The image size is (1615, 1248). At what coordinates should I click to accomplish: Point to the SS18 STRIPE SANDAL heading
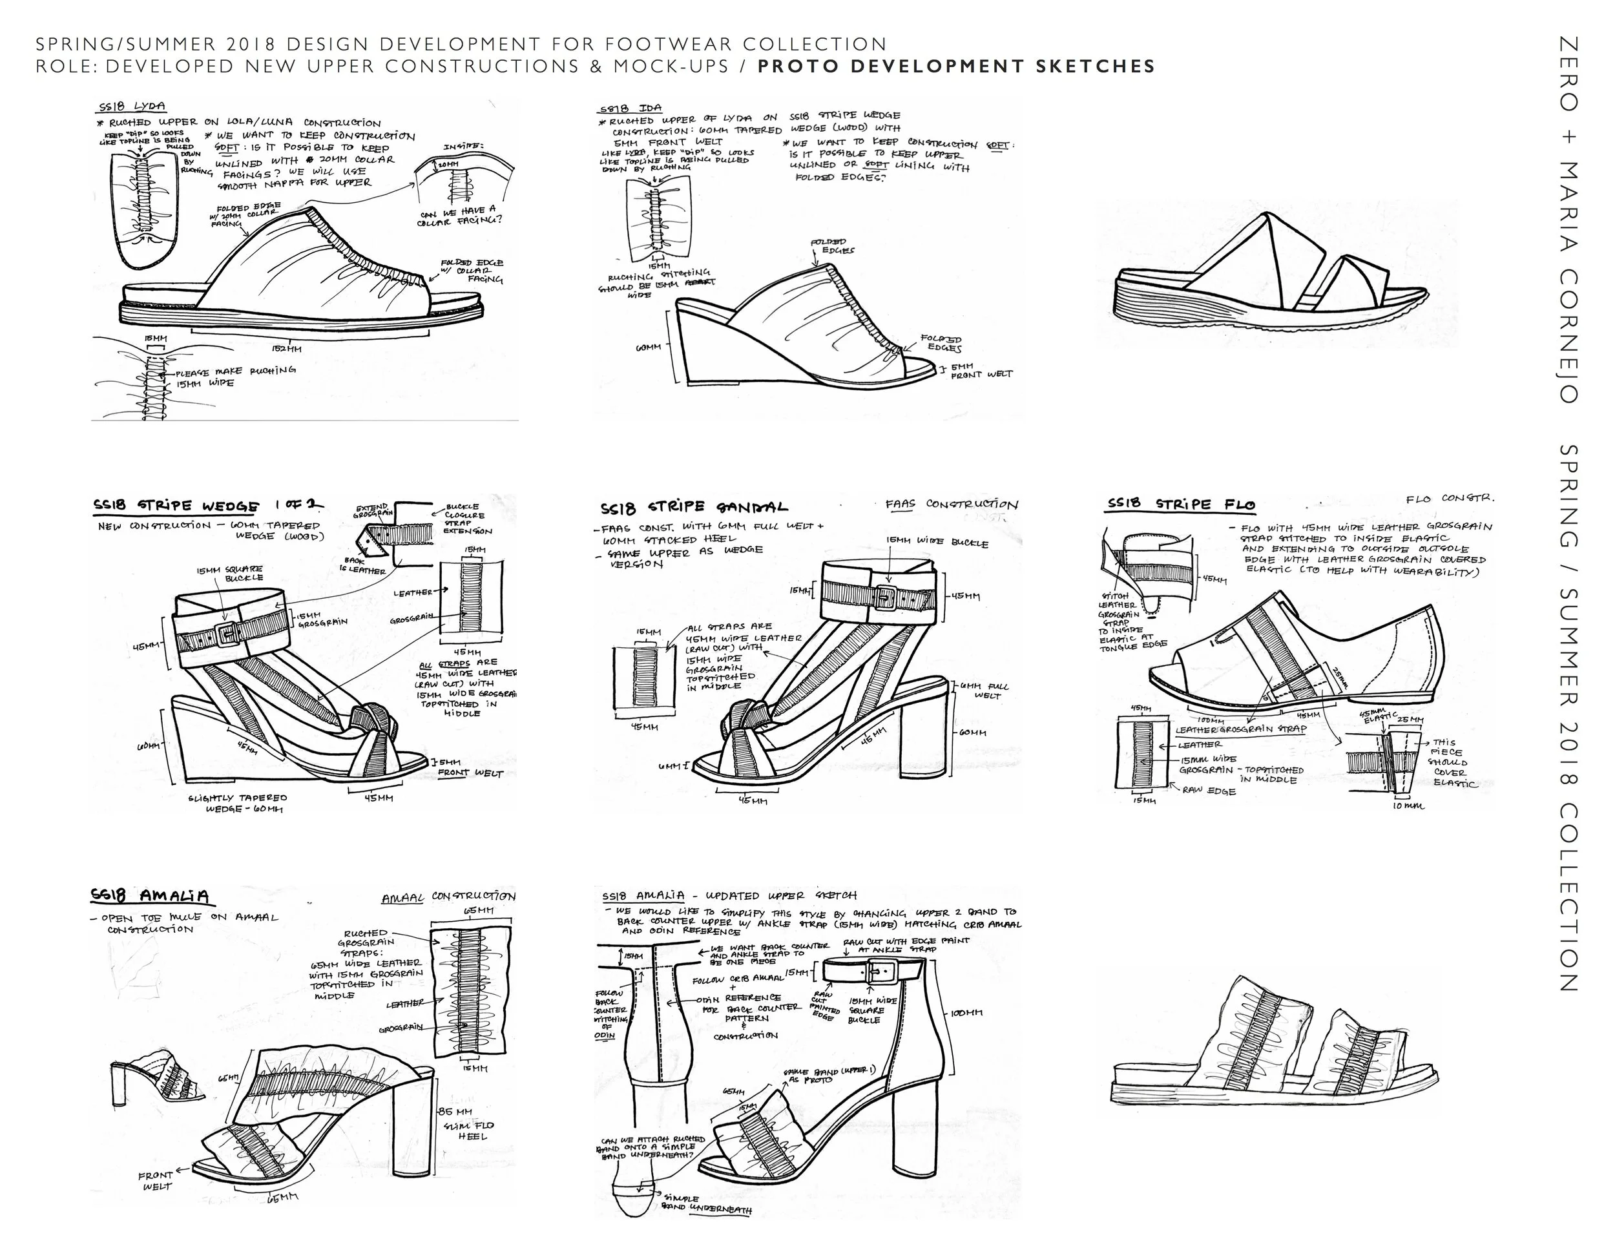pos(694,508)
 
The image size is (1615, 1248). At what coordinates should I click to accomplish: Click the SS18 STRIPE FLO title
pos(1181,505)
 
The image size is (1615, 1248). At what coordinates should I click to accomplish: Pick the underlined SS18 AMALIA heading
pos(150,896)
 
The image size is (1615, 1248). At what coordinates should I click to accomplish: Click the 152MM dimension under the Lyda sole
pos(286,348)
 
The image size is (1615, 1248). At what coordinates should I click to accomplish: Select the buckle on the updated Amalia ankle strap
pos(882,971)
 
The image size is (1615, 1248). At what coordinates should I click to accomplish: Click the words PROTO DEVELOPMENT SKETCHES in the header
pos(956,67)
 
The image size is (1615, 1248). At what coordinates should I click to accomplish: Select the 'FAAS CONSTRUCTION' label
pos(952,504)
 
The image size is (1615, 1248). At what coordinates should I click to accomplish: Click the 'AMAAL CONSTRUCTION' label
pos(448,897)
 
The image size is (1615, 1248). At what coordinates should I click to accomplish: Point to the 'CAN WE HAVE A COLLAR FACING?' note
pos(459,216)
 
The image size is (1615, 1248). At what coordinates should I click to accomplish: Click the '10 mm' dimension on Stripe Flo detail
pos(1408,805)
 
